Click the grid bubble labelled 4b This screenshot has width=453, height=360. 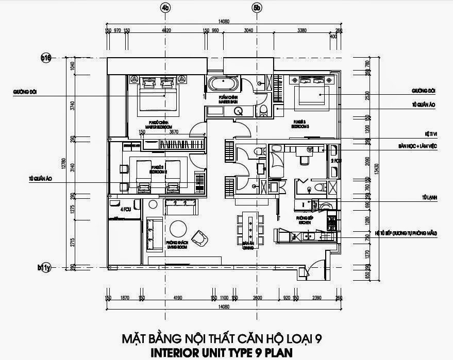point(165,8)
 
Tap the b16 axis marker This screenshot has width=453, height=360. point(46,58)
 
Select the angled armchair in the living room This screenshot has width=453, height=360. point(199,237)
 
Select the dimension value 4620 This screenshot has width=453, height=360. point(166,30)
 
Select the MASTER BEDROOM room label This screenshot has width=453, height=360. point(158,125)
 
